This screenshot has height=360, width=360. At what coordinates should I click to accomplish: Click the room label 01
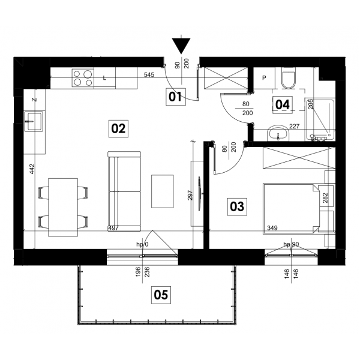click(176, 97)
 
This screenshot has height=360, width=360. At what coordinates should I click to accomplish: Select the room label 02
click(118, 128)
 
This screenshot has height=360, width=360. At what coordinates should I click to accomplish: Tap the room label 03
click(237, 206)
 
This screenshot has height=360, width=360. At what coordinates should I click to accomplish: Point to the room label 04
click(283, 104)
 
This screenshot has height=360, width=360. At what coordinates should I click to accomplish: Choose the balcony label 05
click(161, 295)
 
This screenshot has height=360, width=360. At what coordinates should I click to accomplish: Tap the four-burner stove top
click(83, 78)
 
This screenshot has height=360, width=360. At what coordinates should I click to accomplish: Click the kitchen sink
click(34, 121)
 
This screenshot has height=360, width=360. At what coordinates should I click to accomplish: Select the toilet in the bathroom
click(289, 78)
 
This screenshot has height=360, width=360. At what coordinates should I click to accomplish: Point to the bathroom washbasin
click(278, 133)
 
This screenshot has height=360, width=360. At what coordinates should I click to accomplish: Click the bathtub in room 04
click(320, 119)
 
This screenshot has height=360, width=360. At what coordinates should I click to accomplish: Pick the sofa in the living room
click(124, 191)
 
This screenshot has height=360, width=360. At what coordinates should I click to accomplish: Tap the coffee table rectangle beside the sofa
click(163, 191)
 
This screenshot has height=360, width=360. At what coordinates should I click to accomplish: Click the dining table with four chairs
click(63, 207)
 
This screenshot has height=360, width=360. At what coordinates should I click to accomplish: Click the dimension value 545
click(149, 74)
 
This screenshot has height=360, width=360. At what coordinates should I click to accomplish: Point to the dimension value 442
click(32, 169)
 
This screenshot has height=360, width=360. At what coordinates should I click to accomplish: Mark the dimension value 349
click(272, 228)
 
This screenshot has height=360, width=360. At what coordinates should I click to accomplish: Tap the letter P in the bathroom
click(264, 78)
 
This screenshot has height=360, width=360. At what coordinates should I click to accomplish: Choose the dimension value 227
click(295, 126)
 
